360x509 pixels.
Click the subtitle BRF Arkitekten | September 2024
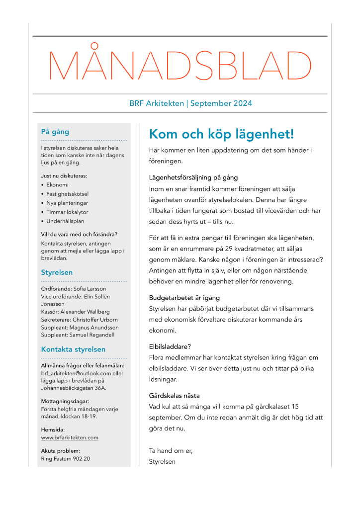pos(190,103)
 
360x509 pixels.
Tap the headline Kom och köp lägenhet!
pos(222,134)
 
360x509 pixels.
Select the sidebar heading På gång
pos(55,132)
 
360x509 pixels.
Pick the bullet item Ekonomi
pos(57,184)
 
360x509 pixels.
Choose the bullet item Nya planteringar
pos(68,203)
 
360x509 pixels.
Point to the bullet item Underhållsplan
pos(66,221)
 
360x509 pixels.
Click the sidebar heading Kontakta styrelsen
pos(73,349)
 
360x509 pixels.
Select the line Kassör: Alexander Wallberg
pos(75,312)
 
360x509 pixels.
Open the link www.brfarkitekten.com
pos(70,437)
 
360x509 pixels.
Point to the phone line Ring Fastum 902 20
pos(65,458)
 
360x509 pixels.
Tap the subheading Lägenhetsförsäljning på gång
pos(193,177)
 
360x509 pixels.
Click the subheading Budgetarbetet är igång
pos(184,298)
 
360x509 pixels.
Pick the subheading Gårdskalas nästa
pos(175,396)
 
